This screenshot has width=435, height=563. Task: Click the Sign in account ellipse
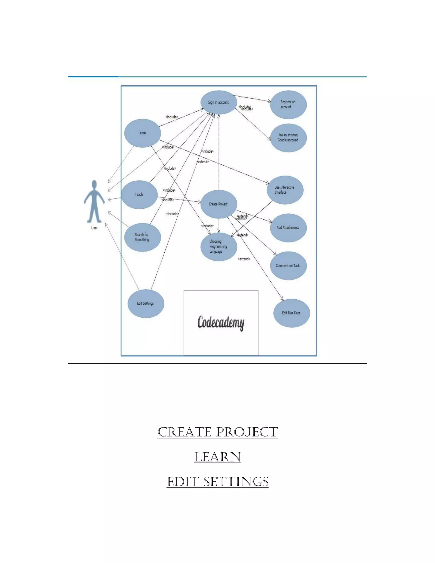point(219,102)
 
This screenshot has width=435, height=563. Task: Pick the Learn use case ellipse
point(143,133)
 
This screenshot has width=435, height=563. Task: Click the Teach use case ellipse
point(139,194)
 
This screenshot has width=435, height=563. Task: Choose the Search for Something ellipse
point(142,237)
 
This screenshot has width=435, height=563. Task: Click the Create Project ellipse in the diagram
point(219,204)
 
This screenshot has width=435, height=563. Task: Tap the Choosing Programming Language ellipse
point(219,247)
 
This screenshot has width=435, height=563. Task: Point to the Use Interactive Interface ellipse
point(285,190)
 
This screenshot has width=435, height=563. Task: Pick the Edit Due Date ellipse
point(291,313)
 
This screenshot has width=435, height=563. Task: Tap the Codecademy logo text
point(221,323)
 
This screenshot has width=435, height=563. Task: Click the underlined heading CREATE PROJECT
point(217,432)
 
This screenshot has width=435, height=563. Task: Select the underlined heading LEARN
point(217,457)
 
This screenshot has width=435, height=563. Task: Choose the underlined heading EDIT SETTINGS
point(217,482)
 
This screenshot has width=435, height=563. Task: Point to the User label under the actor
point(94,228)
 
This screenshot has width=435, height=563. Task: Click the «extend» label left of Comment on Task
point(244,259)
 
